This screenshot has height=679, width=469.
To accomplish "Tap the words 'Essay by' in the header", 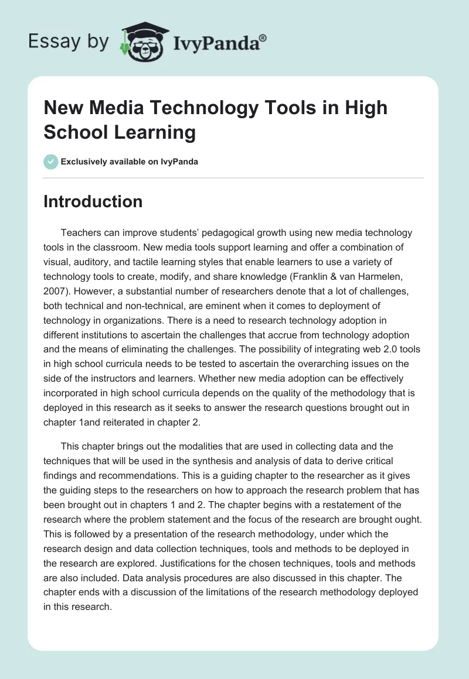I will pyautogui.click(x=69, y=42).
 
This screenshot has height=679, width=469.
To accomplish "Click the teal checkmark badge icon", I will pyautogui.click(x=50, y=162).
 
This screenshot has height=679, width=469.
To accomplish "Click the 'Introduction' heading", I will pyautogui.click(x=93, y=201).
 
